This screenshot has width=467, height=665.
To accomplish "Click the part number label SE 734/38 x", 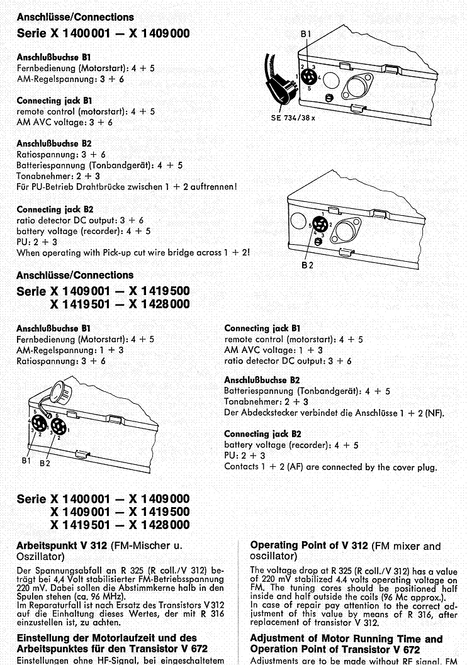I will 293,117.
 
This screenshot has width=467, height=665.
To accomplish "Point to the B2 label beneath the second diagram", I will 308,265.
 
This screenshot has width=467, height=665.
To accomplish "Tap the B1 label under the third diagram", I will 26,461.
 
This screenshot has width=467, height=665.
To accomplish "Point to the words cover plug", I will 414,467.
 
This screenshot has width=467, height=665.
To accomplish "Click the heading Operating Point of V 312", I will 309,545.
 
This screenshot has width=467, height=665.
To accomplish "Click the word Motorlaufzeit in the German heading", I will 132,638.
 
